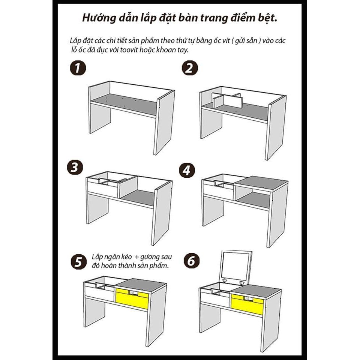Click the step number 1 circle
click(x=78, y=68)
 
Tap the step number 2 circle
click(x=190, y=68)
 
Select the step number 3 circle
click(x=75, y=168)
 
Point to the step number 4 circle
click(x=187, y=170)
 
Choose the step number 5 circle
click(x=78, y=261)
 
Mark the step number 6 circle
click(x=192, y=261)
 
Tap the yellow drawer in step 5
click(x=132, y=298)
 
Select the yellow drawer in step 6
click(x=247, y=304)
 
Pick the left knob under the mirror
click(x=225, y=280)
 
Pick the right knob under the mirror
click(x=241, y=282)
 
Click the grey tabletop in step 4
click(x=261, y=183)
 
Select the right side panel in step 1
click(x=164, y=123)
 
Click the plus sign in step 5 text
click(x=136, y=257)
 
